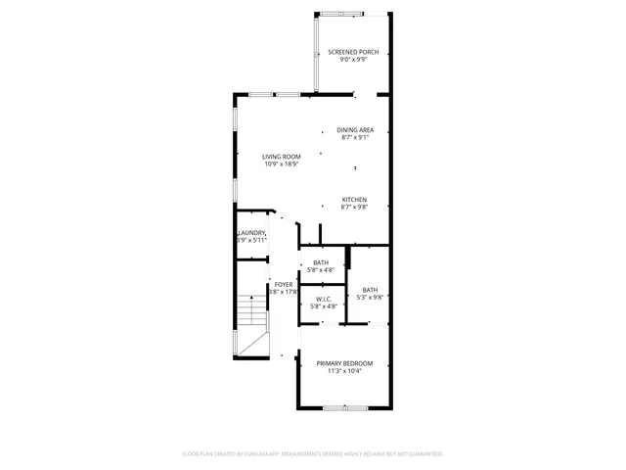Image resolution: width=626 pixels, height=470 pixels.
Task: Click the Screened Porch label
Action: tap(353, 52)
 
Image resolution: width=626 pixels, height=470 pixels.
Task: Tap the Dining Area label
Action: tap(355, 130)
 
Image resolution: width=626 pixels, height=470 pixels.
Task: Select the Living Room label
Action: tap(281, 157)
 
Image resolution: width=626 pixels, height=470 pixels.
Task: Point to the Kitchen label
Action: tap(354, 200)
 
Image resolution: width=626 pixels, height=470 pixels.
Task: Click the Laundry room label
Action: tap(252, 232)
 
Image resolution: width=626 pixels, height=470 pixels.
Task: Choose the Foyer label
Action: tap(284, 284)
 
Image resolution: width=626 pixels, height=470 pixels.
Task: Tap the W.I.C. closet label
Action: tap(324, 299)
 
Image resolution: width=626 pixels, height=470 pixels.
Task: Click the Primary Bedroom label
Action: tap(344, 363)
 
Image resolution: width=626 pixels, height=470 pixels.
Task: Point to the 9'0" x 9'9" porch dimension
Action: tap(353, 60)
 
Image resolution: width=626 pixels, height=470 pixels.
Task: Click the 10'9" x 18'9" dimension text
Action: tap(281, 164)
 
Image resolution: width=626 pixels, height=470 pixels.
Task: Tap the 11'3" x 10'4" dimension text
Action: tap(344, 371)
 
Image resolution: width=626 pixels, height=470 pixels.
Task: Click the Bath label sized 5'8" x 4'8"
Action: tap(321, 262)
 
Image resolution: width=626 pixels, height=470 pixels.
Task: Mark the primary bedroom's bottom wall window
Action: tap(344, 406)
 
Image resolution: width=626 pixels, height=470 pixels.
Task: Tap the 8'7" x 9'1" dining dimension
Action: tap(355, 138)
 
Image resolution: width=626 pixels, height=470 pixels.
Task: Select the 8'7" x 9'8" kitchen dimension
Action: tap(354, 208)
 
